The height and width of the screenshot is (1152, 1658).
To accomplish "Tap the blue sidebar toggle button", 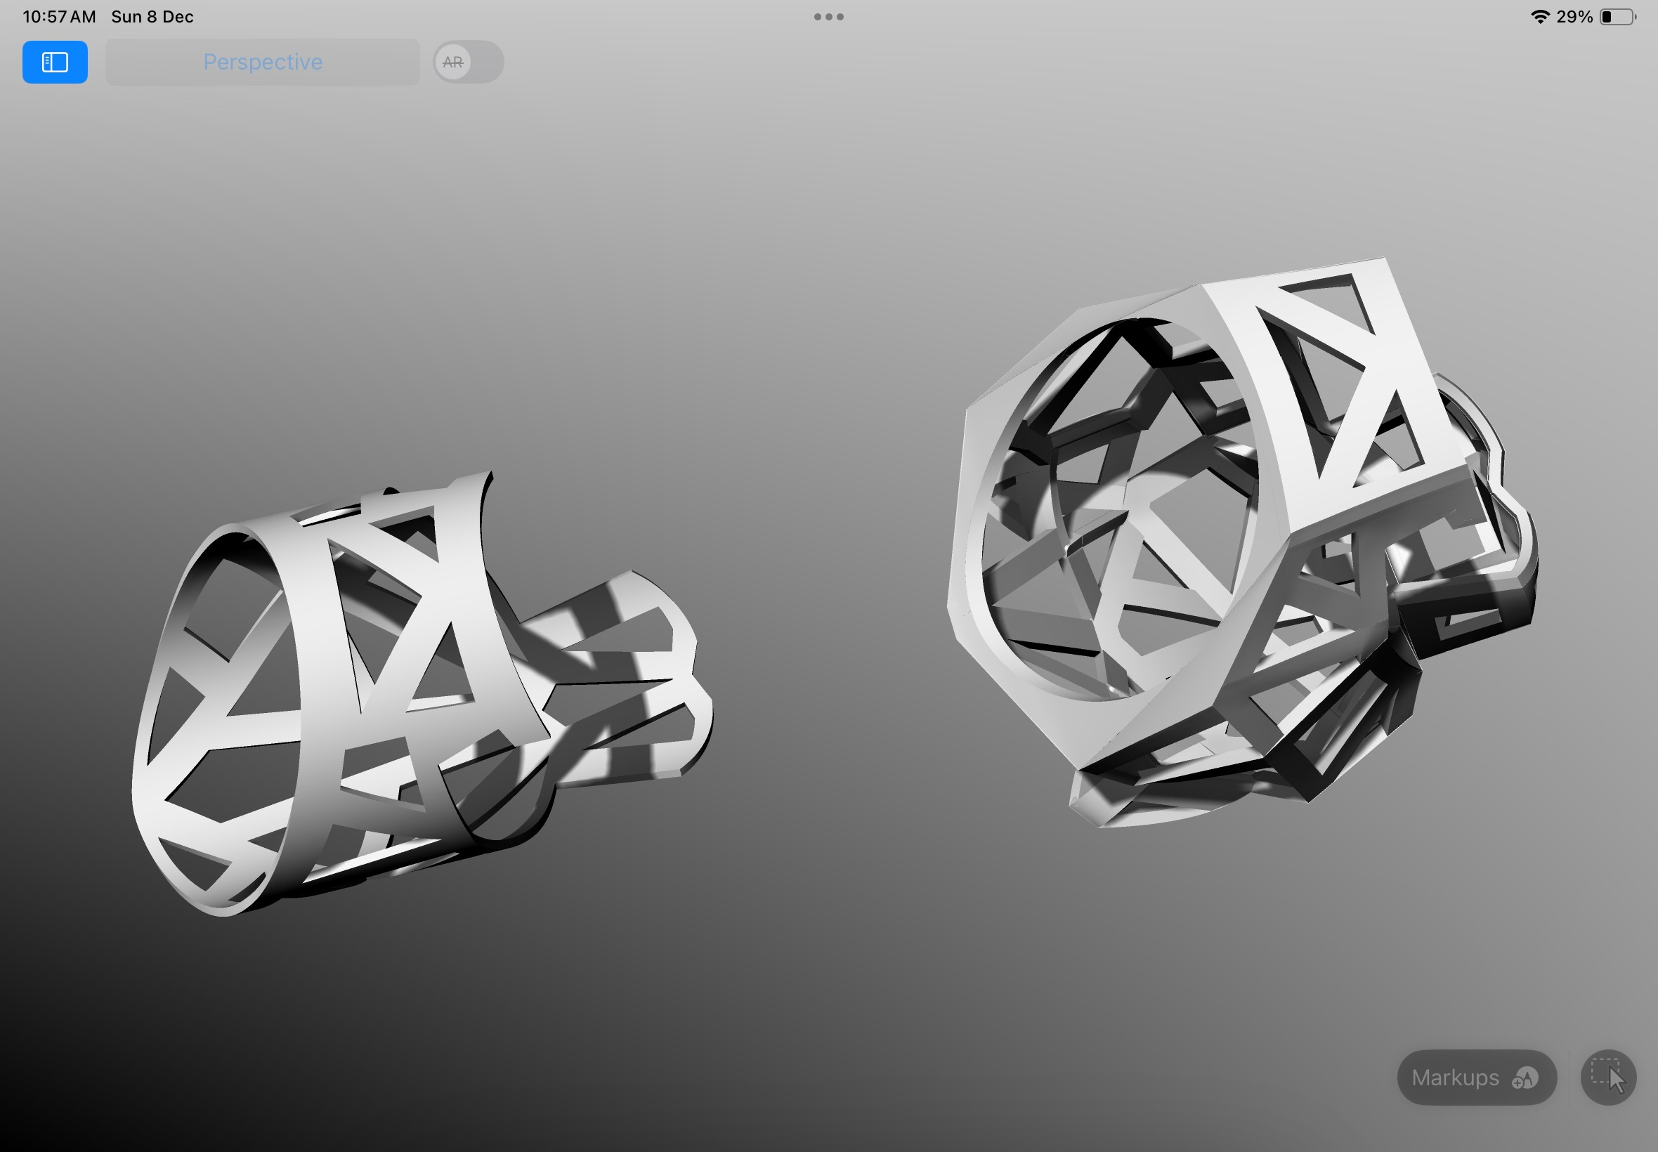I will (55, 62).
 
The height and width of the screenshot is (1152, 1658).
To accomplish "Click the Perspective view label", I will (263, 62).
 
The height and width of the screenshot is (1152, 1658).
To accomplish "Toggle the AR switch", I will (469, 62).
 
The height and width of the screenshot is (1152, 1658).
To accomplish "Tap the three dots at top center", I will (828, 17).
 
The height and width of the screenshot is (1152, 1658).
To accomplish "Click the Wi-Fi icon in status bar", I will (1540, 17).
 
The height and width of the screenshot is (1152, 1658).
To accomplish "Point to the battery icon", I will (1617, 17).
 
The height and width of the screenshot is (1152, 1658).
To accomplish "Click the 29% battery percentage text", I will (1574, 17).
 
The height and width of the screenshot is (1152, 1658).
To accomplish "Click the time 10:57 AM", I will (59, 17).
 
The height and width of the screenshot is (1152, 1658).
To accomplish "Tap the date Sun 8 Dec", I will (152, 17).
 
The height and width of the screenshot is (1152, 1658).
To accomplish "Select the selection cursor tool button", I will (1608, 1078).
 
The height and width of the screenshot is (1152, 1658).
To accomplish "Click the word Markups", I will (1455, 1078).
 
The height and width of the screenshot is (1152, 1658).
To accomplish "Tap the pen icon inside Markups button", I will (1525, 1078).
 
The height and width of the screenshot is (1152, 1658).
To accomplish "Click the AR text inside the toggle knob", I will (452, 62).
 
